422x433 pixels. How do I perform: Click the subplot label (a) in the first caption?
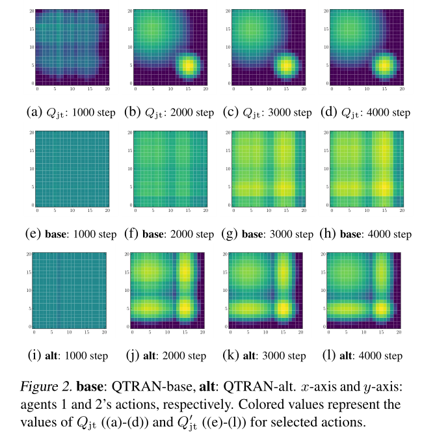tap(34, 112)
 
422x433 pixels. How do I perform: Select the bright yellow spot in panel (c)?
tap(285, 66)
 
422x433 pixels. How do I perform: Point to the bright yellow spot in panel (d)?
tap(384, 66)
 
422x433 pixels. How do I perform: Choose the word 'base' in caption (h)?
tap(351, 234)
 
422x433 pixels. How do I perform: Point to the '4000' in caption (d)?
tap(375, 112)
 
